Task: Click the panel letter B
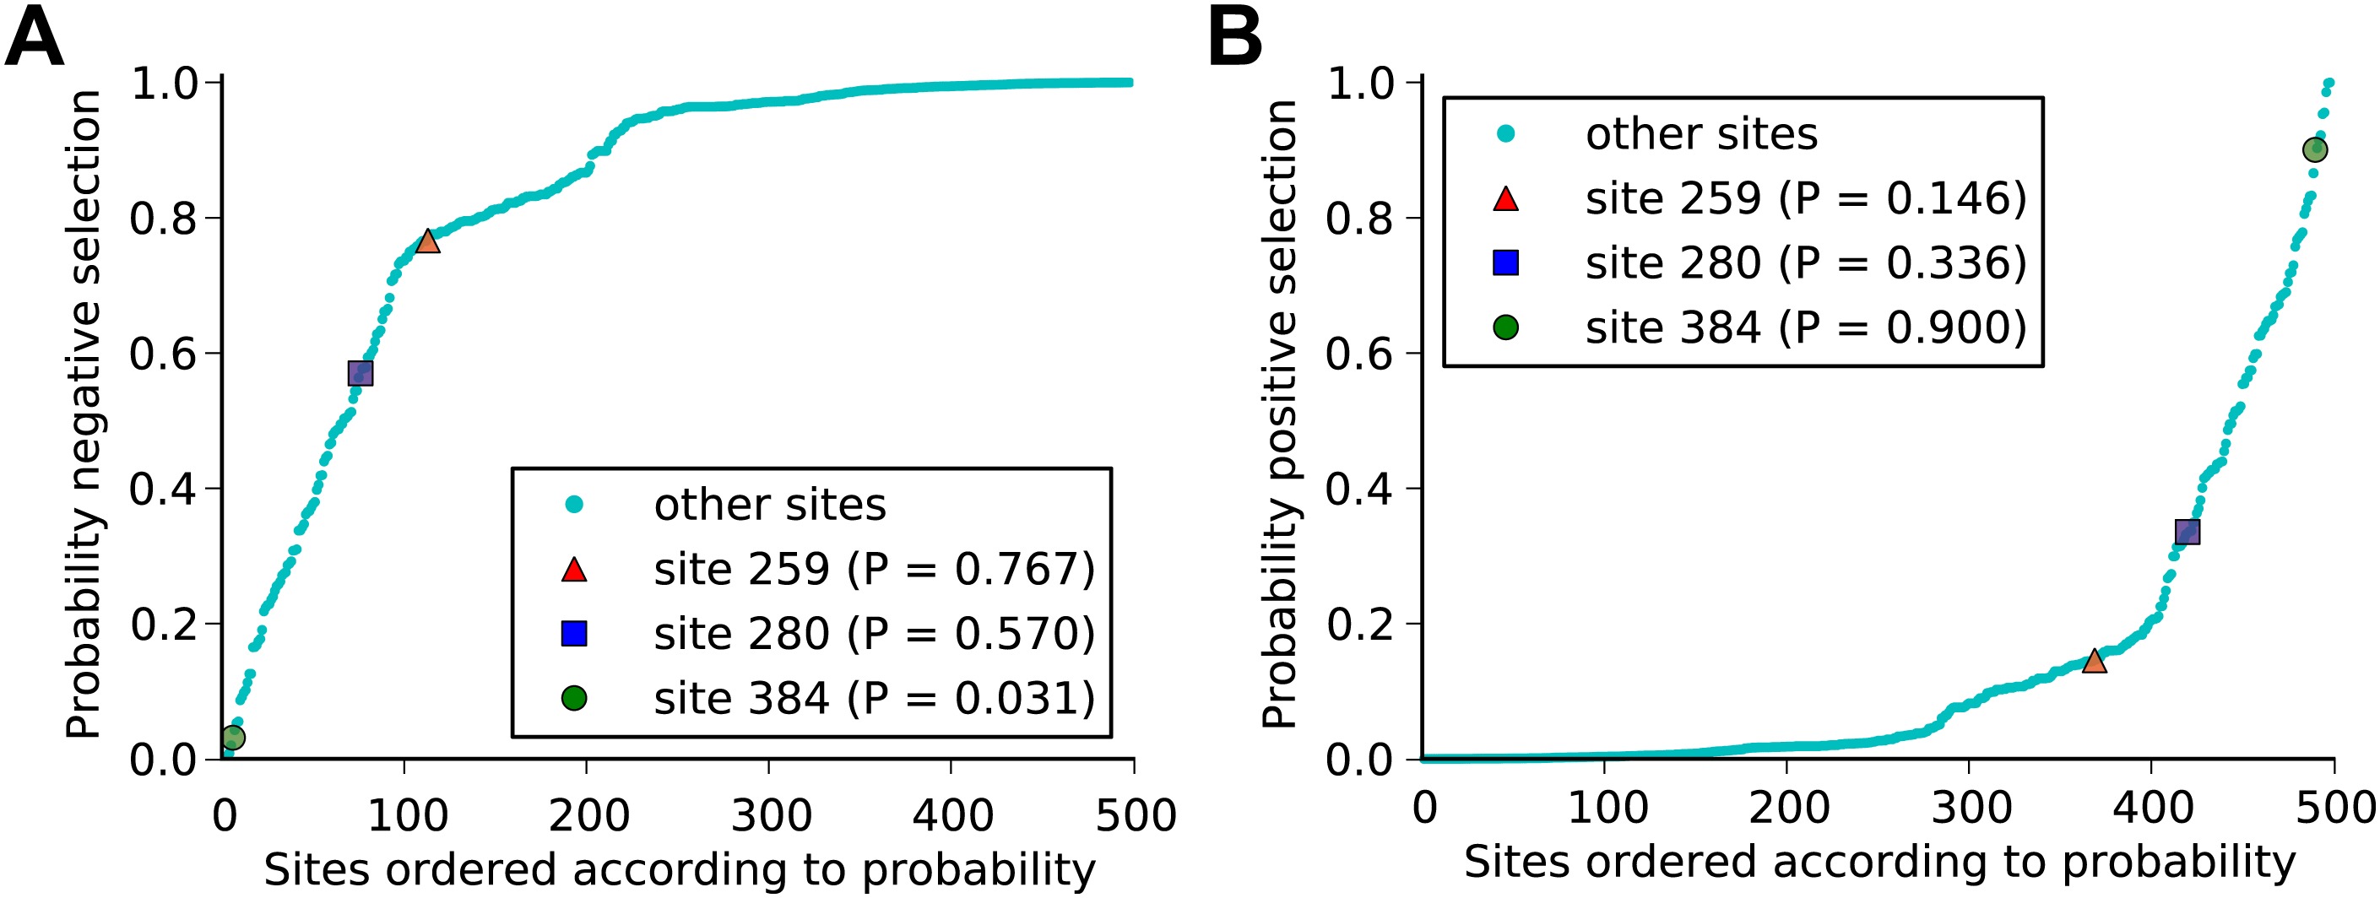(x=1235, y=40)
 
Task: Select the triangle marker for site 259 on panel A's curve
(x=427, y=241)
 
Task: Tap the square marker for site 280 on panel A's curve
(x=361, y=373)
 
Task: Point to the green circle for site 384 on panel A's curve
(x=233, y=738)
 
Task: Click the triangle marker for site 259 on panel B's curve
(x=2095, y=661)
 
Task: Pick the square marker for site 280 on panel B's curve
(x=2187, y=533)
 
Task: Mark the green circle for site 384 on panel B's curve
(x=2314, y=149)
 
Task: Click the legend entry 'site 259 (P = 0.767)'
(x=873, y=569)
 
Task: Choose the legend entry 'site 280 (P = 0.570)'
(x=873, y=634)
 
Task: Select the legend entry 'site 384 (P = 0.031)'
(x=873, y=699)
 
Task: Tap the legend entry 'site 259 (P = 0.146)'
(x=1805, y=198)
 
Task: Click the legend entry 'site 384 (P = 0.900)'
(x=1805, y=328)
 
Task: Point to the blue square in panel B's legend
(x=1506, y=263)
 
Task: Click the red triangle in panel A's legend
(x=575, y=570)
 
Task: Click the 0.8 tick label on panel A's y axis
(x=163, y=218)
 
